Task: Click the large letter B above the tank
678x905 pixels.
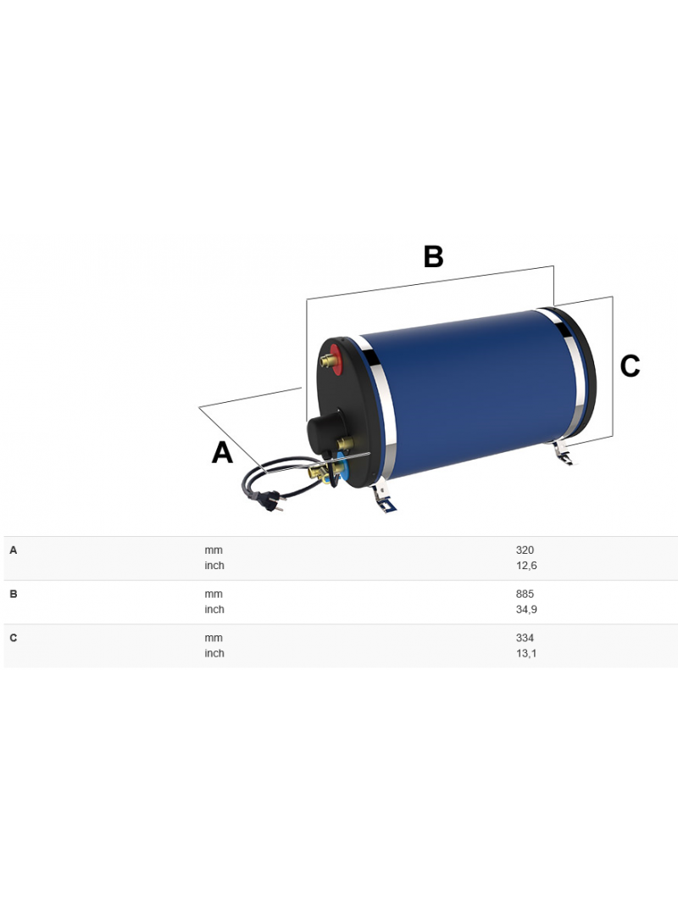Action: pyautogui.click(x=433, y=257)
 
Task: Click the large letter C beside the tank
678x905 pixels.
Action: pyautogui.click(x=630, y=366)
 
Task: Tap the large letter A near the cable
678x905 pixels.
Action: pyautogui.click(x=222, y=453)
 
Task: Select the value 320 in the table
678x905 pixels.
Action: pyautogui.click(x=525, y=550)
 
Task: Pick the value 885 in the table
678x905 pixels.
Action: pyautogui.click(x=525, y=595)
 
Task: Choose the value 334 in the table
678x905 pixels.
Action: pyautogui.click(x=525, y=639)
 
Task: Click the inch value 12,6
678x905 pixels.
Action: pyautogui.click(x=525, y=566)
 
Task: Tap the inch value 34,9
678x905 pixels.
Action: pyautogui.click(x=525, y=610)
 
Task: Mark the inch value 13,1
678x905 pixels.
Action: pyautogui.click(x=525, y=654)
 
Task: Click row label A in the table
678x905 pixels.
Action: pyautogui.click(x=14, y=550)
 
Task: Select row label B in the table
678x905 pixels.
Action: pyautogui.click(x=14, y=595)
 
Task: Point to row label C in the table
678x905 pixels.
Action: pyautogui.click(x=14, y=639)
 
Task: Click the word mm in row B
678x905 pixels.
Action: pyautogui.click(x=214, y=595)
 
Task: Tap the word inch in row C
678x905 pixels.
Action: pyautogui.click(x=214, y=654)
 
